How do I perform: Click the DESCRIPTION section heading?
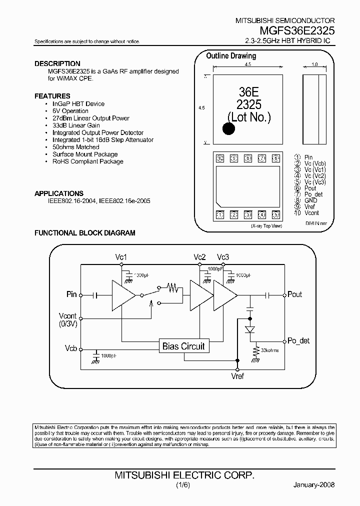coord(57,63)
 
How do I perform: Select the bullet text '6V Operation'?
coord(70,111)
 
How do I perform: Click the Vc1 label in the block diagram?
coord(121,257)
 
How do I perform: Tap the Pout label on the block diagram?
coord(295,294)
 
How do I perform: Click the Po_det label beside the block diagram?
coord(298,340)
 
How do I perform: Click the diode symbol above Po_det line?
coord(250,330)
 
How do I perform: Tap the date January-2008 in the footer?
coord(313,485)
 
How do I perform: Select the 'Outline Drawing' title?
coord(231,56)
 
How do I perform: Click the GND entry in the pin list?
coord(310,200)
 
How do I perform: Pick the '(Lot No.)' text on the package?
coord(249,117)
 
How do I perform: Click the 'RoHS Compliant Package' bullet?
coord(87,161)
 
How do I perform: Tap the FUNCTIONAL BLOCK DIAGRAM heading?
coord(84,233)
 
